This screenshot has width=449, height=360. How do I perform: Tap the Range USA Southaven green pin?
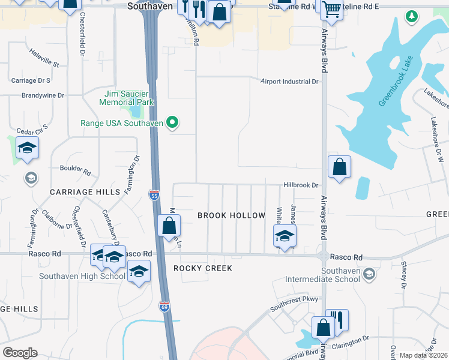[173, 124]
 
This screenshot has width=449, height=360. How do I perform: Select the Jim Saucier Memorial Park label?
[129, 98]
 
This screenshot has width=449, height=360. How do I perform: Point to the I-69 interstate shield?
[164, 307]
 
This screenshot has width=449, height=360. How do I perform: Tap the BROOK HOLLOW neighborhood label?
[231, 215]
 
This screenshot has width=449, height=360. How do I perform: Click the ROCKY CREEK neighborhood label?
[203, 268]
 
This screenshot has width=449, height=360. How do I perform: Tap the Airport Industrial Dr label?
[289, 82]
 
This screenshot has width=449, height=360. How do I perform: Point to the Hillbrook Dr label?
[301, 185]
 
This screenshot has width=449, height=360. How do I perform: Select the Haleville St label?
[44, 59]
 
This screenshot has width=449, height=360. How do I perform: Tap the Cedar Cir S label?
[31, 131]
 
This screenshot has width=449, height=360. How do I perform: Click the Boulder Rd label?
[75, 170]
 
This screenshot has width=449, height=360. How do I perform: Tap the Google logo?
[20, 353]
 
